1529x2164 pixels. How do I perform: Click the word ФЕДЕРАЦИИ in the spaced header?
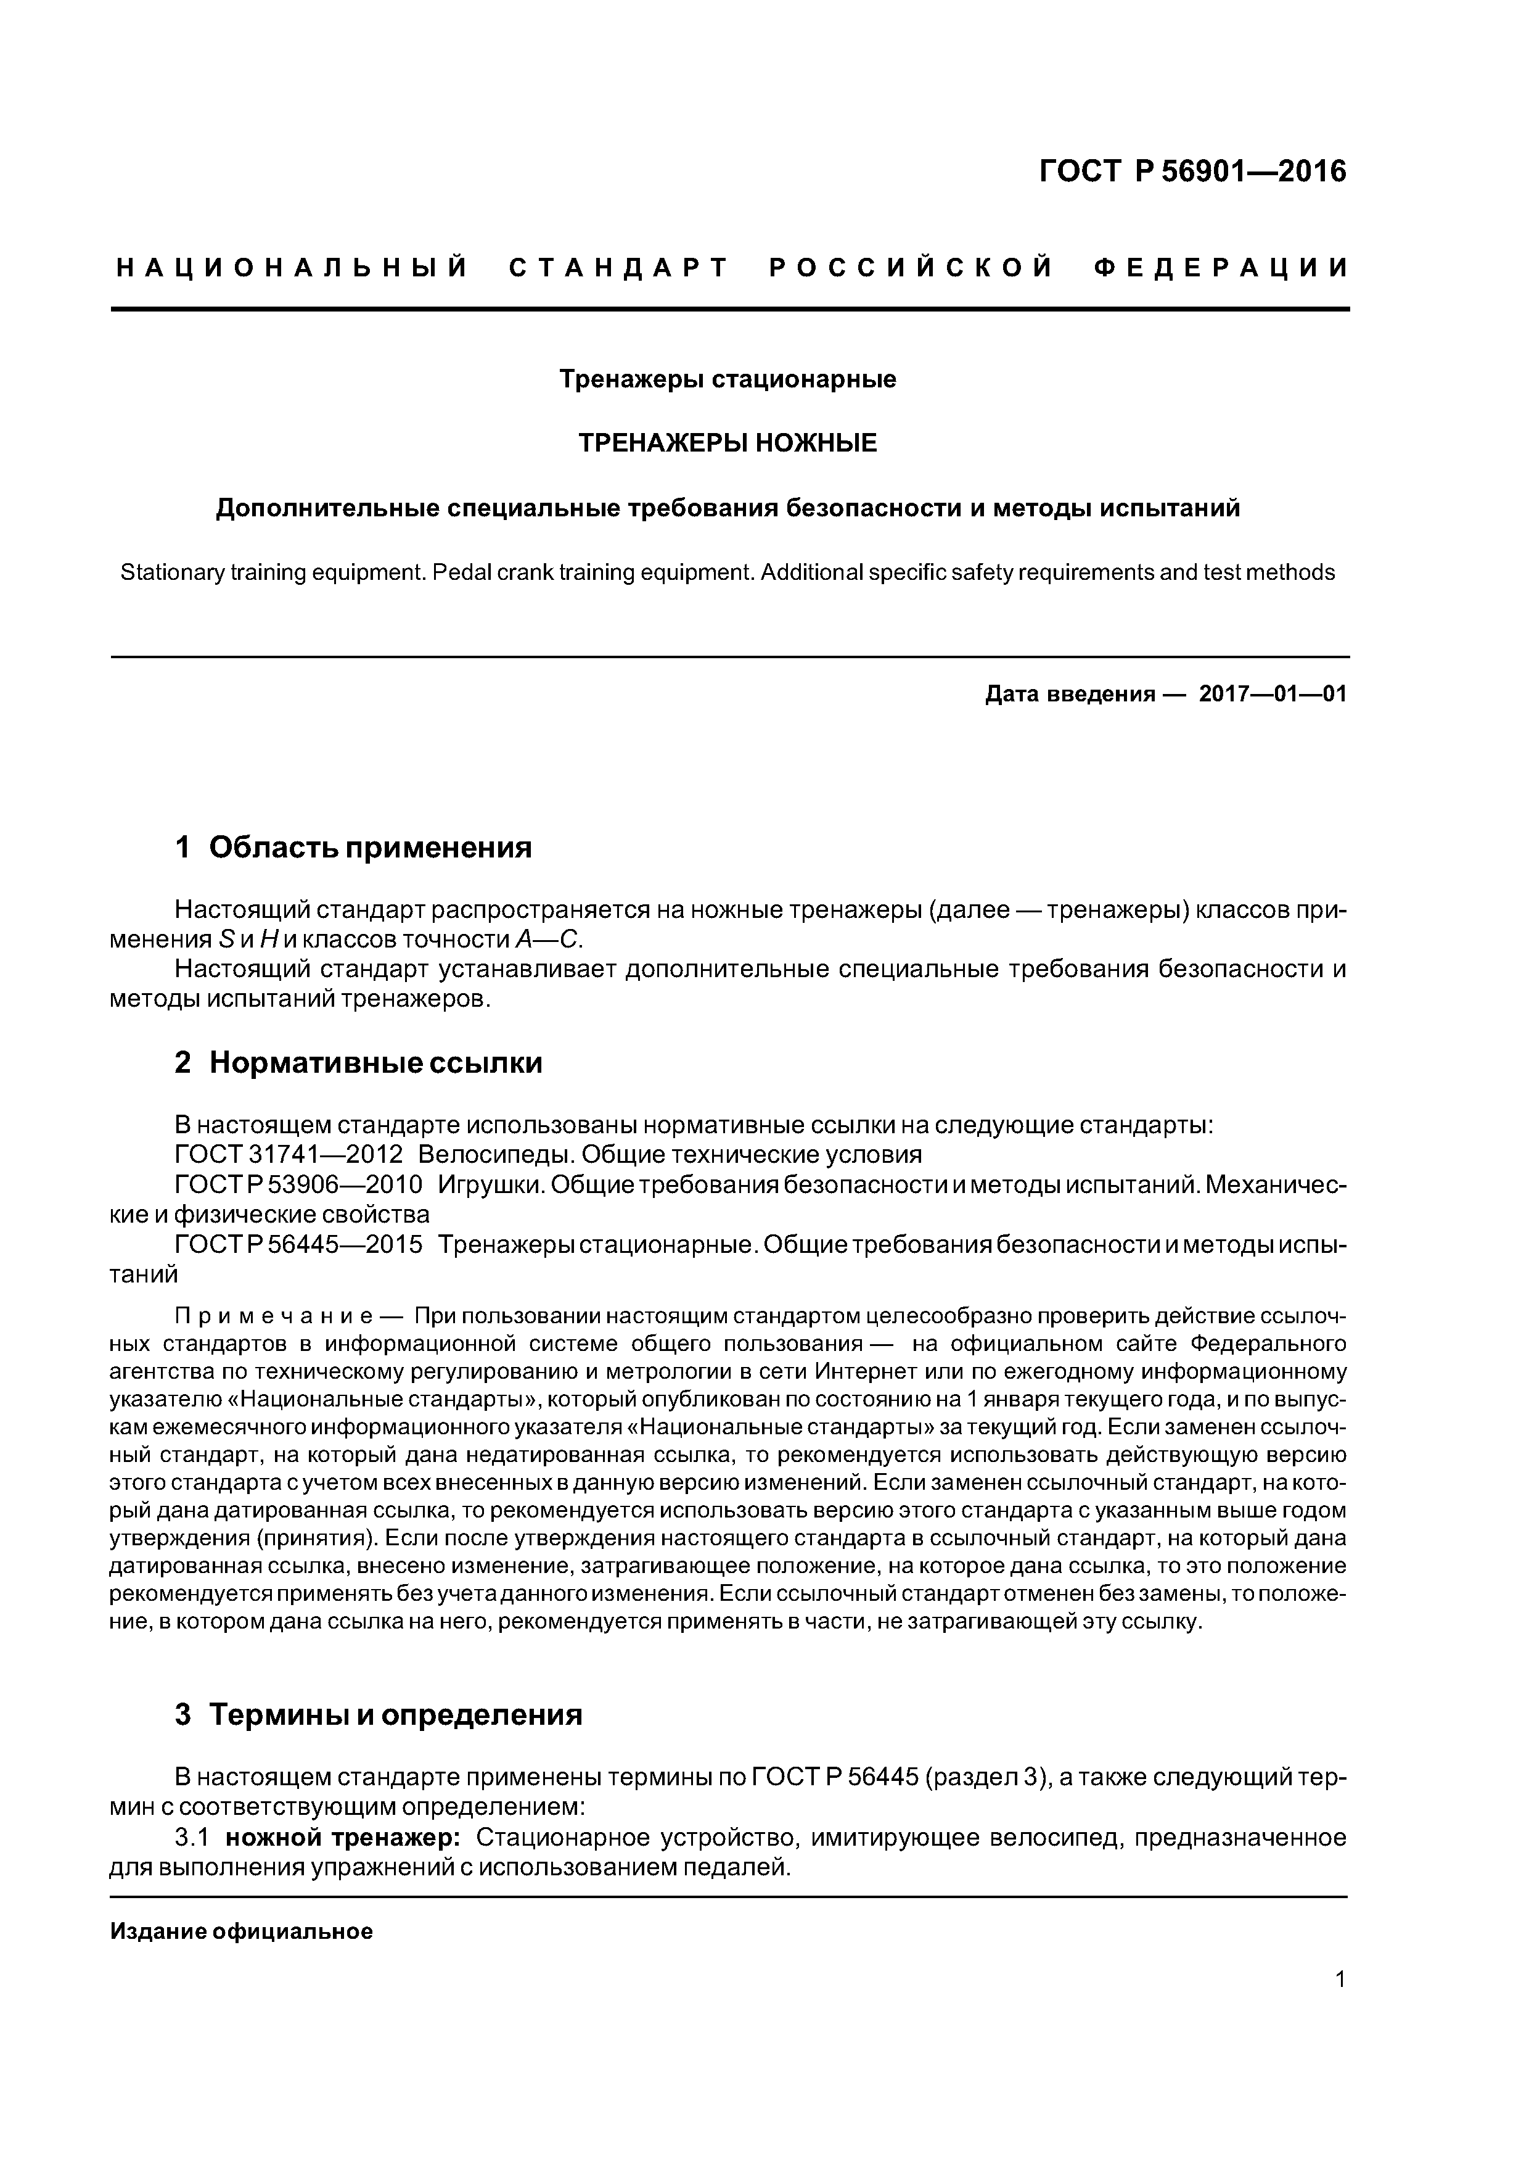[1221, 268]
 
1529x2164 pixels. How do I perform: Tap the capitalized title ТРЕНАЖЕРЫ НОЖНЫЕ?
[728, 443]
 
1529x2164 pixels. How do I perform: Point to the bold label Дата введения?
[1069, 695]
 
